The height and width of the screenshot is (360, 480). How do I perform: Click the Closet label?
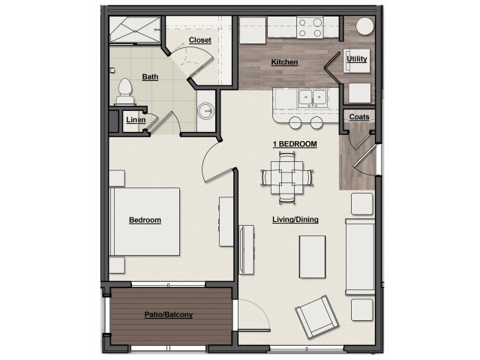click(200, 40)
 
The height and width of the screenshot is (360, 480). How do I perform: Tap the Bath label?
click(150, 76)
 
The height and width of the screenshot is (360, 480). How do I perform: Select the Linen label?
click(136, 120)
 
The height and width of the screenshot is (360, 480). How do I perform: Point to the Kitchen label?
click(284, 62)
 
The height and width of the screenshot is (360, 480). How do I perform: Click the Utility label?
click(357, 58)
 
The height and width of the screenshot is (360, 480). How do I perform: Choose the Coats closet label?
click(359, 117)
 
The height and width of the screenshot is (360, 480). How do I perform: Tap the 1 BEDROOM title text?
click(295, 144)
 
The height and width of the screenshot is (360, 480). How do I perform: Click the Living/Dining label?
click(295, 220)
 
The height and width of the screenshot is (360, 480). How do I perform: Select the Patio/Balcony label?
click(169, 315)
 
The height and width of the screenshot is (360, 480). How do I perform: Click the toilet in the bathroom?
click(125, 92)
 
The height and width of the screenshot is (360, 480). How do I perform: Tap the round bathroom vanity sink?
click(205, 110)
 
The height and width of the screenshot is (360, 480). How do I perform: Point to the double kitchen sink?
click(313, 98)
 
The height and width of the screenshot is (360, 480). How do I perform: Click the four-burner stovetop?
click(310, 27)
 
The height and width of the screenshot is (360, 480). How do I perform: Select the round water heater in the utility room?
click(364, 26)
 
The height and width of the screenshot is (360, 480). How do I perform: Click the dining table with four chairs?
click(287, 178)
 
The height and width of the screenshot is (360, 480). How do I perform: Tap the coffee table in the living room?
click(312, 256)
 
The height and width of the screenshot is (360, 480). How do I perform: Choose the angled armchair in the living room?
click(317, 316)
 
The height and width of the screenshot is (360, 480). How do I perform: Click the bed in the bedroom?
click(145, 222)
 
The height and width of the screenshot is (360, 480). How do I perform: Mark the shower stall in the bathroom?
click(135, 30)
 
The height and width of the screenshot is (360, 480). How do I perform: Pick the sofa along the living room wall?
click(360, 256)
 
